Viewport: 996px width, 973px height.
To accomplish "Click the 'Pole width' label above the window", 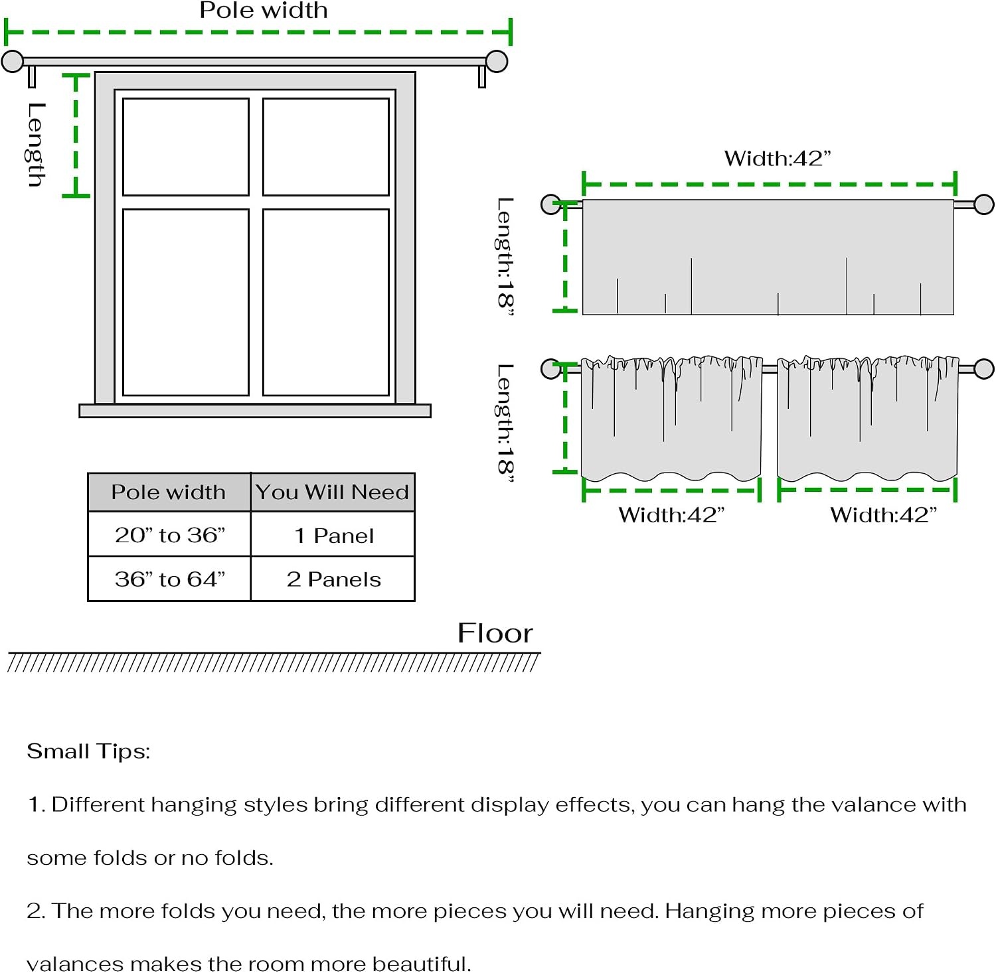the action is [x=264, y=10].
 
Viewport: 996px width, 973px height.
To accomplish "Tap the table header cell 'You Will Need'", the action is [x=333, y=492].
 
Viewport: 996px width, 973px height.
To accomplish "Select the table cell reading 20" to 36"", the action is [x=169, y=534].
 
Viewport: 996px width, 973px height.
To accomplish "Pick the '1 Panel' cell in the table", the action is [x=333, y=535].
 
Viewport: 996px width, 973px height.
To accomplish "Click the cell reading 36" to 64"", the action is [x=169, y=579].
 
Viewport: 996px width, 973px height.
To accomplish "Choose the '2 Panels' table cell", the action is [x=333, y=579].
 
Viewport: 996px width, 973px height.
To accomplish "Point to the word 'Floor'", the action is [x=495, y=633].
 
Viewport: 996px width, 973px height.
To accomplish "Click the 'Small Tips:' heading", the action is [x=88, y=751].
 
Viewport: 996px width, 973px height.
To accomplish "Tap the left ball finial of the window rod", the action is [x=12, y=61].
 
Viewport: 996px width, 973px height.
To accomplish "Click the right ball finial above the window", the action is [x=497, y=61].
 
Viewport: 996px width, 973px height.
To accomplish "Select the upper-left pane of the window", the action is [x=186, y=147].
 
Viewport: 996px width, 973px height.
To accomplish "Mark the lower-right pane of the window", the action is [x=326, y=303].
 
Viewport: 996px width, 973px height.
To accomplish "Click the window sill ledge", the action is [x=255, y=411].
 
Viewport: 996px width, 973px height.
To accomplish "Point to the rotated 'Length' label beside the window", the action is [x=37, y=144].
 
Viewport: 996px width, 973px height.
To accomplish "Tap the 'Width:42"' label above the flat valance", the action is [x=778, y=159].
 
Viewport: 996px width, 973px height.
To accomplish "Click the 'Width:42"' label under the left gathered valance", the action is [x=671, y=514].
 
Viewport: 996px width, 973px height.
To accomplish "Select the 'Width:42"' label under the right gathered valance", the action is [x=883, y=514].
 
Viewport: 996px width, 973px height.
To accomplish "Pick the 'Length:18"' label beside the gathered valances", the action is [x=505, y=422].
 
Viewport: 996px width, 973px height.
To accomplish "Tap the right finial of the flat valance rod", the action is [x=984, y=204].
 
